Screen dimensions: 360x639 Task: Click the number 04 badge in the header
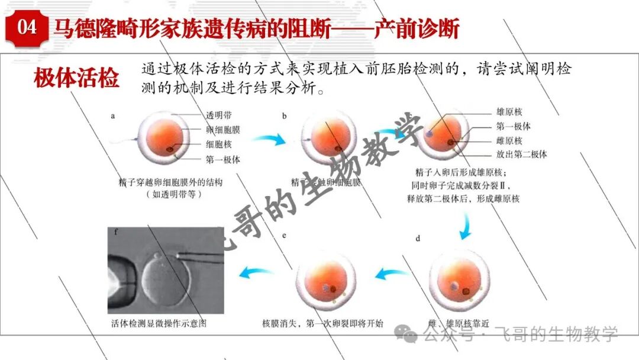click(x=27, y=28)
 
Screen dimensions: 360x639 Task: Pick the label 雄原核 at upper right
click(x=510, y=112)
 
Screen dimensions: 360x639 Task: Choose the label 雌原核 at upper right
click(x=510, y=140)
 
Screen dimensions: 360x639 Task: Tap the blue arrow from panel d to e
click(x=393, y=274)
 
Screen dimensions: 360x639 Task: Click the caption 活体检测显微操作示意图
click(x=159, y=324)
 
